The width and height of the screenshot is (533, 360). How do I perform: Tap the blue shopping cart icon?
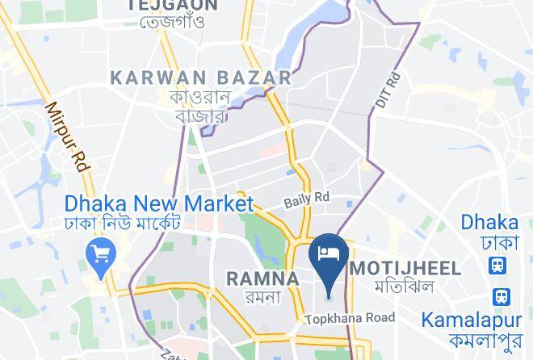[x=103, y=255]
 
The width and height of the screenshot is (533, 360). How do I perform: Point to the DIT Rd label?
[x=388, y=92]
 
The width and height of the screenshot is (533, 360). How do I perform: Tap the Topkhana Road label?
[x=350, y=318]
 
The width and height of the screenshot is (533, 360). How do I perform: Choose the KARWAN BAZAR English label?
[x=200, y=77]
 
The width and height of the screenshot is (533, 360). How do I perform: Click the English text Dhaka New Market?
[x=160, y=203]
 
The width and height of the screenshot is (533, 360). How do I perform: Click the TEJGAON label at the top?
[x=172, y=5]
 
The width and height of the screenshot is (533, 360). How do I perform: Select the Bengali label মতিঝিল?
[x=404, y=287]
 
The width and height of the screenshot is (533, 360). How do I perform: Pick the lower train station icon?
[x=502, y=297]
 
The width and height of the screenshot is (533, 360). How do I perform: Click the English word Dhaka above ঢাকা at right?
[x=489, y=223]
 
